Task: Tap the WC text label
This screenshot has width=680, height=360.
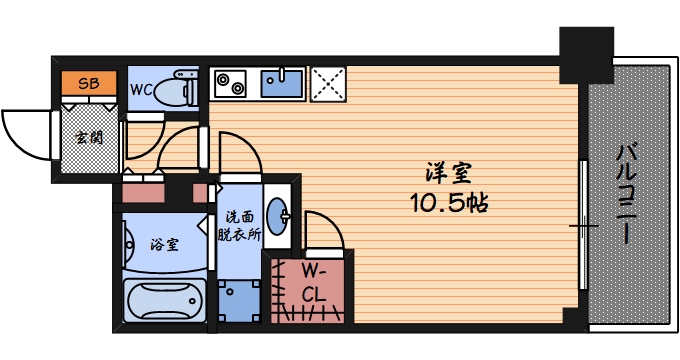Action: (140, 89)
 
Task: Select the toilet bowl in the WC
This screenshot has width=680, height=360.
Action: (180, 88)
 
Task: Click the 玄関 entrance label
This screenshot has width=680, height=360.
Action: (87, 138)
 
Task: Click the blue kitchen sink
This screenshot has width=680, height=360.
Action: (283, 82)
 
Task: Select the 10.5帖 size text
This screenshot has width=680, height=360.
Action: (447, 204)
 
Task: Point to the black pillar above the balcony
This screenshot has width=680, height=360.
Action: (585, 55)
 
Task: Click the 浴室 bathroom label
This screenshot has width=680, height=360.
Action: (165, 243)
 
